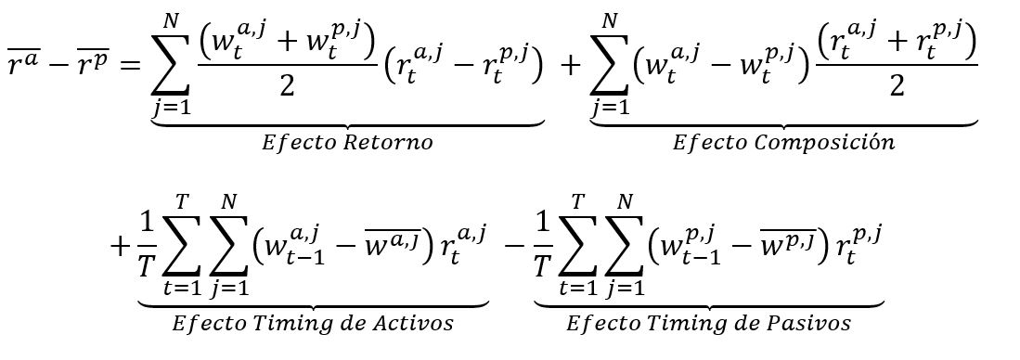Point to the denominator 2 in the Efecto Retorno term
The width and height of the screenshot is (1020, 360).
[285, 84]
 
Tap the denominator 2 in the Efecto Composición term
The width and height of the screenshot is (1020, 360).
[897, 84]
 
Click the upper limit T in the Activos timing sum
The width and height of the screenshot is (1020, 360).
[183, 200]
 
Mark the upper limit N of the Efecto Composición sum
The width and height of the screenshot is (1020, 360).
[610, 20]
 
